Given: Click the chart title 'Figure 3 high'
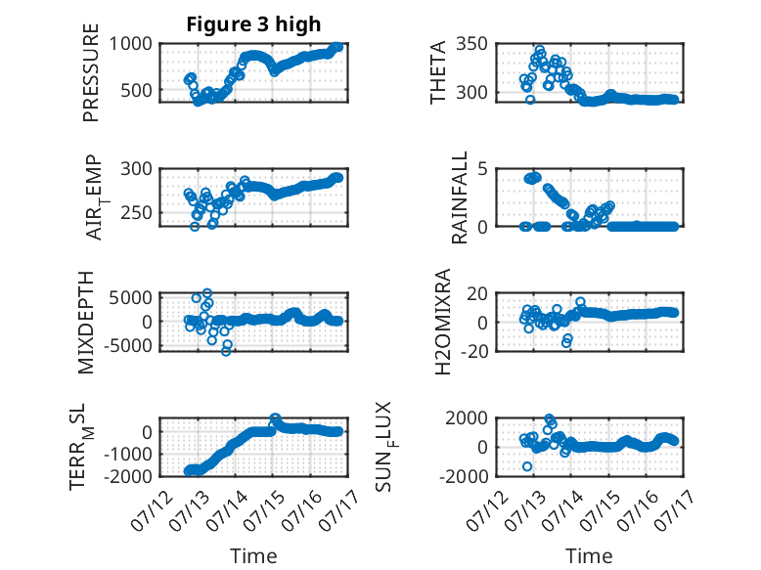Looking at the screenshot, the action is tap(253, 24).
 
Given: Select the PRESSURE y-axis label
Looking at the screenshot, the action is tap(91, 72).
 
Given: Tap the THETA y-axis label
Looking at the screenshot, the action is tap(438, 72).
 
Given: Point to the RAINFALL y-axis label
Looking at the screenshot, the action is tap(459, 197).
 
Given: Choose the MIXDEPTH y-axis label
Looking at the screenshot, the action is tap(85, 323).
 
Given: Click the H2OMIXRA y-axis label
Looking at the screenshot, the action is tap(443, 322).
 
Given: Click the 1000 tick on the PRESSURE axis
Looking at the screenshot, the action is tap(130, 44).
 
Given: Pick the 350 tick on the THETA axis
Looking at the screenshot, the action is tap(471, 44).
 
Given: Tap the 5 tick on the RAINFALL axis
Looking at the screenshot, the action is tap(482, 169).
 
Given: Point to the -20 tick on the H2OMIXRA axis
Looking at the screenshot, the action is tap(473, 351).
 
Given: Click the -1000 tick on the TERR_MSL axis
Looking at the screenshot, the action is tap(127, 454).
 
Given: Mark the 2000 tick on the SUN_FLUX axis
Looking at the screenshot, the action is tap(467, 417).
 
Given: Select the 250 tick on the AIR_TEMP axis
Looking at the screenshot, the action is tap(136, 212).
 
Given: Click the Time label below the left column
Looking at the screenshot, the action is tap(253, 556).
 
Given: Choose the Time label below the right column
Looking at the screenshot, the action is tap(589, 556).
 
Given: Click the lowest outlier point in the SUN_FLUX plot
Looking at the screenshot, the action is tap(527, 466).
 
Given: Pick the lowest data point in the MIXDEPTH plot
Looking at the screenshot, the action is tap(226, 351).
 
